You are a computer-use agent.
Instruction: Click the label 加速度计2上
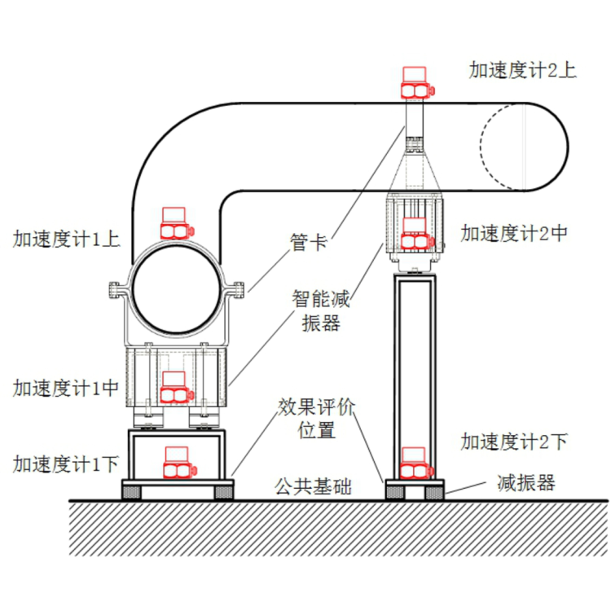(522, 69)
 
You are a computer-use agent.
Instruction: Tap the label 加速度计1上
(67, 239)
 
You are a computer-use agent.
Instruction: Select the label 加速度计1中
(67, 389)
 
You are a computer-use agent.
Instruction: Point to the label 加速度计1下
(67, 464)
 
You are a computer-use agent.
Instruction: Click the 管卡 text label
(309, 241)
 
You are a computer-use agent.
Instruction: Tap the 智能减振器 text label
(321, 310)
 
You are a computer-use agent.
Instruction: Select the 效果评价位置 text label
(317, 418)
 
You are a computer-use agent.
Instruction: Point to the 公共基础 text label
(314, 488)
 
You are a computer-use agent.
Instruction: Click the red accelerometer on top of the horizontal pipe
(420, 82)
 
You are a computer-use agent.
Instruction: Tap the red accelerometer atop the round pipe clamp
(178, 223)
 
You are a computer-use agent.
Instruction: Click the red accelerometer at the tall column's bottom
(417, 462)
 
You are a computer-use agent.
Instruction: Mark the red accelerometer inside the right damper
(415, 233)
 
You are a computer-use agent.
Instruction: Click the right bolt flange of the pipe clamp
(238, 288)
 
